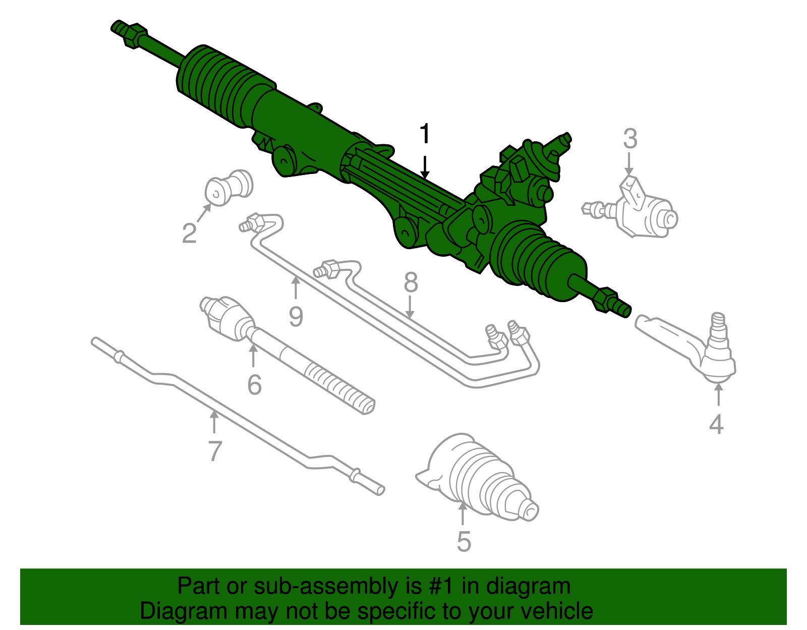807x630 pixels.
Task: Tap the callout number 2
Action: click(x=189, y=233)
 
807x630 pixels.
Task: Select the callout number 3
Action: click(x=630, y=139)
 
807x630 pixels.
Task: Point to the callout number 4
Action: click(x=716, y=424)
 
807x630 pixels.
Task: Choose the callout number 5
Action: click(x=464, y=542)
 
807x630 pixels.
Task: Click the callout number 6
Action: click(x=254, y=385)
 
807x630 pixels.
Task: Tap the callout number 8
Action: click(x=411, y=282)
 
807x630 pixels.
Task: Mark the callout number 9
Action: click(x=296, y=317)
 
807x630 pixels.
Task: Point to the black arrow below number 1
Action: click(x=425, y=167)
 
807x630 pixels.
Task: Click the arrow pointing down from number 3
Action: click(x=629, y=163)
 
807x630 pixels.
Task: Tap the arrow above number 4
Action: click(x=719, y=395)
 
